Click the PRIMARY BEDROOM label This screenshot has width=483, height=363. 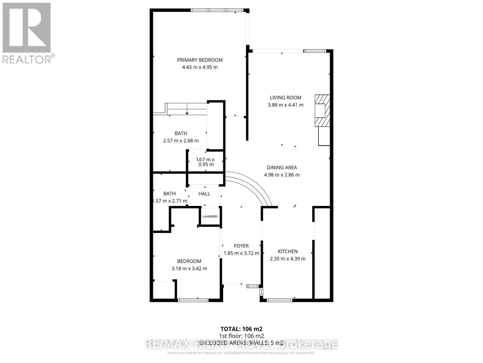tap(200, 60)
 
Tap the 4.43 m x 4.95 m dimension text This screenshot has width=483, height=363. tap(200, 67)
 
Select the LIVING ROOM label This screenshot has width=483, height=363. tap(285, 97)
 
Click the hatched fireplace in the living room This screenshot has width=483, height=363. tap(322, 110)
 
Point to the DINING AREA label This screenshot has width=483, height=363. tap(282, 167)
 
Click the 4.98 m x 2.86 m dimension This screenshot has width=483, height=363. tap(282, 175)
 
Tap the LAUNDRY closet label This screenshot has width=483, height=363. tap(210, 216)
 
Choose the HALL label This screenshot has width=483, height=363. tap(204, 194)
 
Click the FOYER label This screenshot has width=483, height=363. tap(241, 246)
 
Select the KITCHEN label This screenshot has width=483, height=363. tap(288, 251)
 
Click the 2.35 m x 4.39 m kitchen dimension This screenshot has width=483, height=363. tap(288, 259)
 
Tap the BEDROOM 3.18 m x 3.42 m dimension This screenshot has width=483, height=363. tap(189, 268)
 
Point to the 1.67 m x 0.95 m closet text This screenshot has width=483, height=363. tap(205, 162)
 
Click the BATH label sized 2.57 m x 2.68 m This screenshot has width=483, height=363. tap(181, 133)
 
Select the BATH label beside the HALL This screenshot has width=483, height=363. tap(169, 193)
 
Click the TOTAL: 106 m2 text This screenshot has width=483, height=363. tap(241, 329)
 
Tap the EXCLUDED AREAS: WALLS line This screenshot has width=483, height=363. tap(241, 343)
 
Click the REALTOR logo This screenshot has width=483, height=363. tap(27, 33)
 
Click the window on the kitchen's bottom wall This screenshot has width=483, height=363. tap(280, 300)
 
